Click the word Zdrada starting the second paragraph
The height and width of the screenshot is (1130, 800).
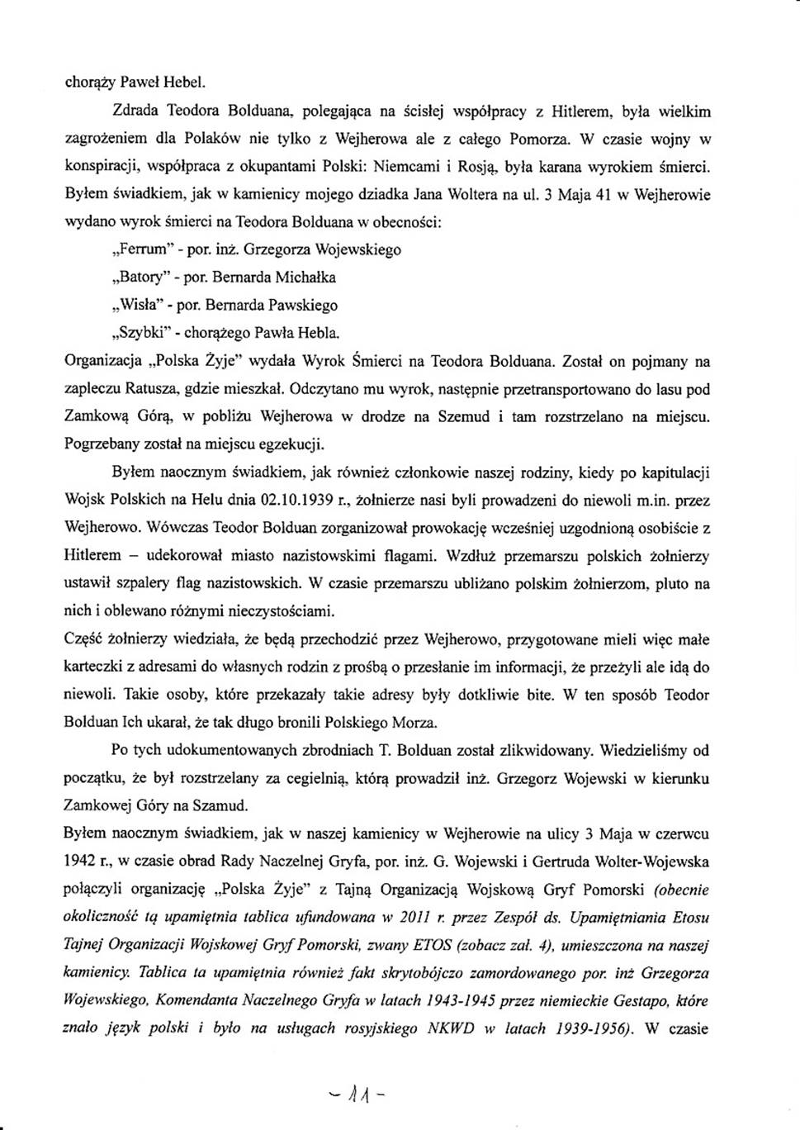[135, 110]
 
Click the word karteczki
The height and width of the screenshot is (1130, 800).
[91, 667]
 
